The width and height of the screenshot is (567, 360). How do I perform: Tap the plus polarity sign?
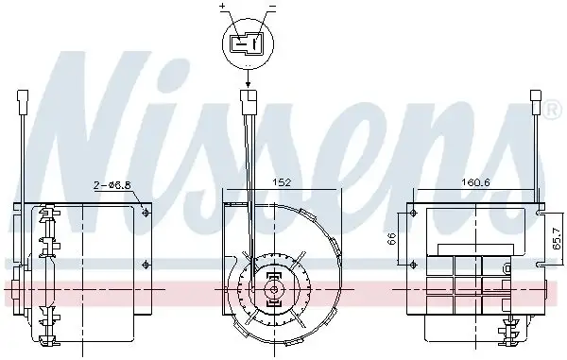pyautogui.click(x=223, y=8)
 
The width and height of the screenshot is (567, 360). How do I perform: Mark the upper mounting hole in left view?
pyautogui.click(x=145, y=214)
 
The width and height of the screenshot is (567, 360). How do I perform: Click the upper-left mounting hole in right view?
pyautogui.click(x=414, y=214)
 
